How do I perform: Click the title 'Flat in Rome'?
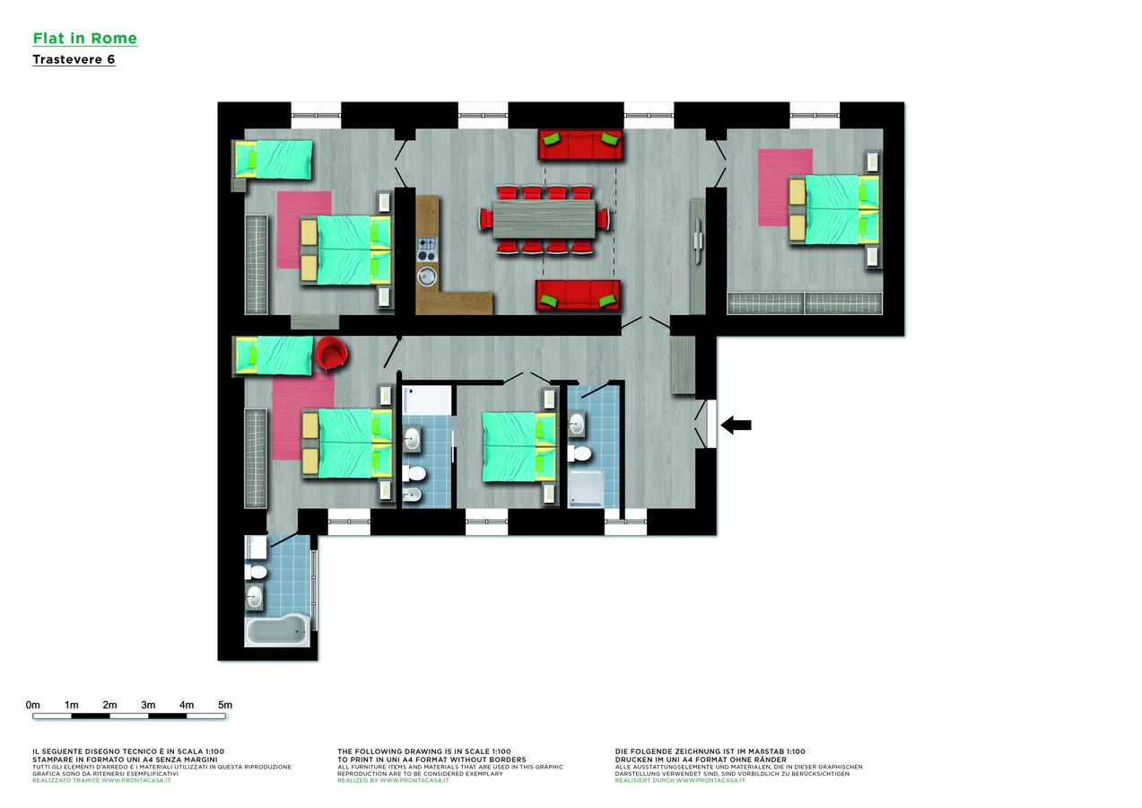pyautogui.click(x=84, y=39)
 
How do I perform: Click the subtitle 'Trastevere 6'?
pyautogui.click(x=74, y=60)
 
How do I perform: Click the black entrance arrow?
pyautogui.click(x=737, y=425)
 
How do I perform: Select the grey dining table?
pyautogui.click(x=544, y=219)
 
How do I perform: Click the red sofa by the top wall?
pyautogui.click(x=580, y=145)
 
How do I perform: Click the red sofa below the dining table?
pyautogui.click(x=578, y=294)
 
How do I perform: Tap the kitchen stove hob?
pyautogui.click(x=427, y=244)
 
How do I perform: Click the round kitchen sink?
pyautogui.click(x=427, y=276)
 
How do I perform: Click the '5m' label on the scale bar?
pyautogui.click(x=225, y=705)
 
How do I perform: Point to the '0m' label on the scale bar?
pyautogui.click(x=33, y=705)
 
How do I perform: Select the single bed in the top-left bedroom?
pyautogui.click(x=273, y=158)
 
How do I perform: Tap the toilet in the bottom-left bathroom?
pyautogui.click(x=257, y=571)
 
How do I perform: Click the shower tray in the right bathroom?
pyautogui.click(x=586, y=491)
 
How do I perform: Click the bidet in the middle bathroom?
pyautogui.click(x=414, y=496)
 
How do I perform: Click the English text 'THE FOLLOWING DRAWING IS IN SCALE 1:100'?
pyautogui.click(x=424, y=751)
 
